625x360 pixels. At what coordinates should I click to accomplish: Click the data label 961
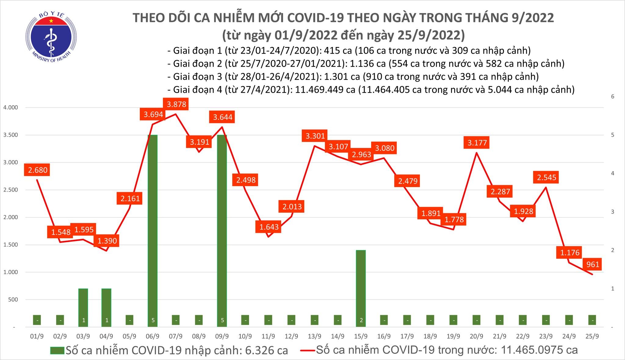point(592,264)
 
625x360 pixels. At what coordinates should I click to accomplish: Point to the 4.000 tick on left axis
point(10,108)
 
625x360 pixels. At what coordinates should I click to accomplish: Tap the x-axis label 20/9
point(476,336)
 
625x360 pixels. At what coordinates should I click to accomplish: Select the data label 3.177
point(477,143)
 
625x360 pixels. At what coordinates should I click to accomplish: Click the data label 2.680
point(38,170)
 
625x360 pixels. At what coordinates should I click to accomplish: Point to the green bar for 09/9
point(222,231)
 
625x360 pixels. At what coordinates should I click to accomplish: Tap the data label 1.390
point(107,241)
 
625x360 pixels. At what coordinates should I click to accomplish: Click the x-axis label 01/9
point(37,336)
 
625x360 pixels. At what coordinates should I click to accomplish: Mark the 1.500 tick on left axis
point(10,245)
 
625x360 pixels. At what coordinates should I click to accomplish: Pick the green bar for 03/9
point(83,307)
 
